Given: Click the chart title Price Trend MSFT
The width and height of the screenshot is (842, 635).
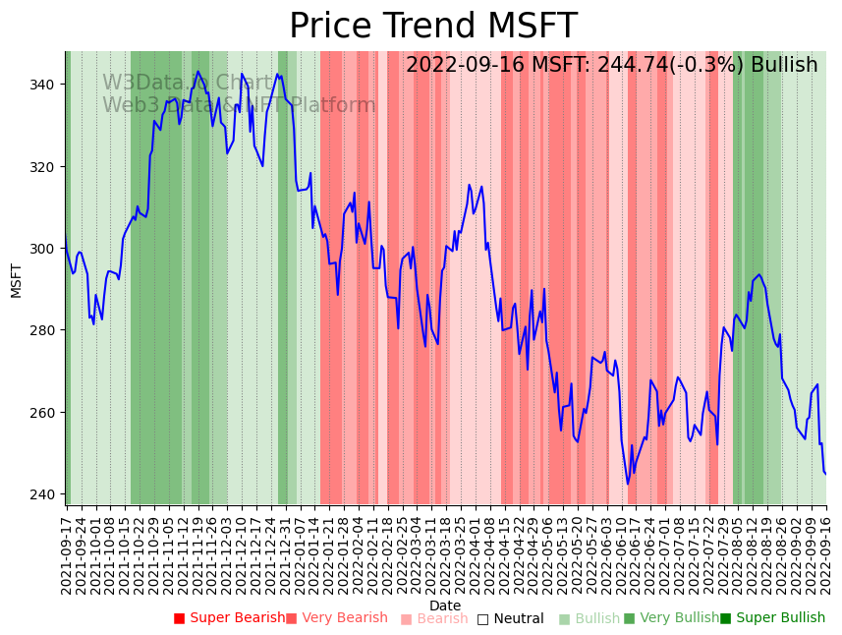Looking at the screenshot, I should (433, 27).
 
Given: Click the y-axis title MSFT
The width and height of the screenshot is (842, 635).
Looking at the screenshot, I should (16, 279).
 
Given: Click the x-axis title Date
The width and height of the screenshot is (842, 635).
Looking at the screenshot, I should (445, 606).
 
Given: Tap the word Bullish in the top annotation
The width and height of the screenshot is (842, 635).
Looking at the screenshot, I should (784, 66).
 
